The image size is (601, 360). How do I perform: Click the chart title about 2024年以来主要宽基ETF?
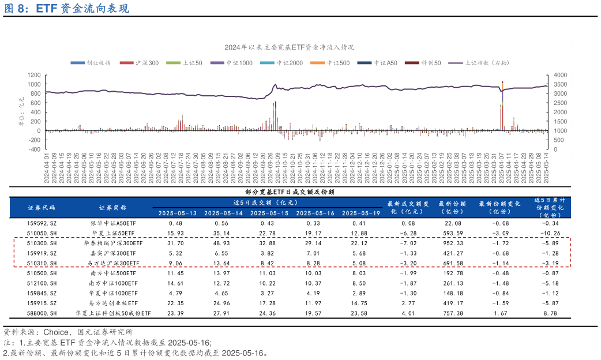289,47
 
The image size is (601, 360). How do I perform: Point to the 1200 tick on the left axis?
33,75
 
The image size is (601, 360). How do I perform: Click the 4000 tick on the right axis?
559,75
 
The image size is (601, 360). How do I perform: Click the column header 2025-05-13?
176,213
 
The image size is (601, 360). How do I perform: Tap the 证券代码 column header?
41,207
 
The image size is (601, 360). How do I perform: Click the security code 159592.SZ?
42,223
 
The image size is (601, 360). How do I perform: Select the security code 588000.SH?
42,313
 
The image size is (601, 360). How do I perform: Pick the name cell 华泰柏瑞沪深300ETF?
113,243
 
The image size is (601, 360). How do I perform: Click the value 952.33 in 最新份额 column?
452,243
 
